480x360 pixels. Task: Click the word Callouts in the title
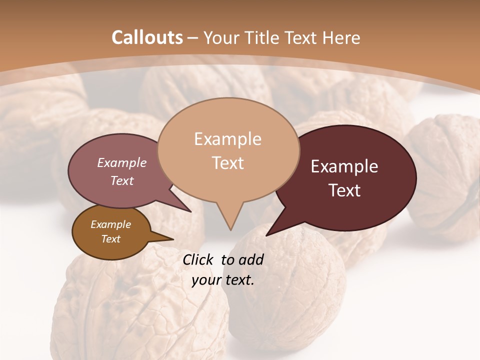(x=147, y=37)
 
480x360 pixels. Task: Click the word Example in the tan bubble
(x=227, y=139)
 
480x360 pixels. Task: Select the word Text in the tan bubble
(x=227, y=163)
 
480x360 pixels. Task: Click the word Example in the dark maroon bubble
(x=344, y=166)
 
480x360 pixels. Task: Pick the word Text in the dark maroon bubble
(x=344, y=190)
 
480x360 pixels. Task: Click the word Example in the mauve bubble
(x=122, y=162)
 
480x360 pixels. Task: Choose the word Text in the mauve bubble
(x=122, y=180)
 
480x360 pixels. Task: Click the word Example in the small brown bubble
(x=110, y=224)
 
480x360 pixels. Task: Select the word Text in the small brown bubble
(x=110, y=239)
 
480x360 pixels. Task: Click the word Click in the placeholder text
(x=199, y=259)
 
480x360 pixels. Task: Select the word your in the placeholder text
(x=205, y=280)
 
